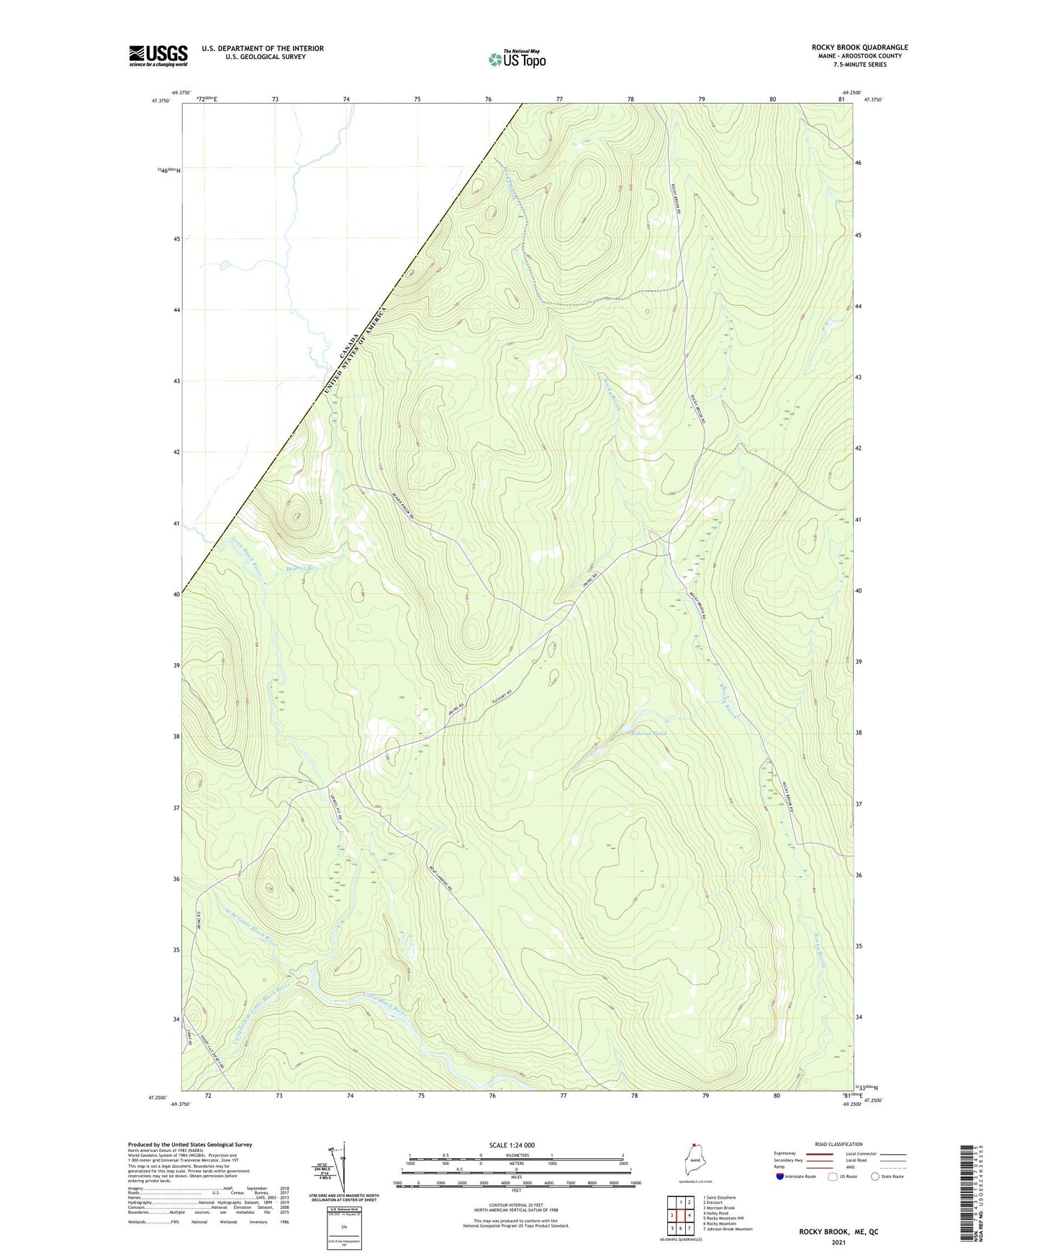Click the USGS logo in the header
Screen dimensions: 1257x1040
coord(158,55)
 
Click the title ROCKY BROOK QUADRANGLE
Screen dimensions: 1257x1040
coord(859,48)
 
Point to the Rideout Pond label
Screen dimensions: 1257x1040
coord(648,733)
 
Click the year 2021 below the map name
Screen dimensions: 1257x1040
coord(838,1243)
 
